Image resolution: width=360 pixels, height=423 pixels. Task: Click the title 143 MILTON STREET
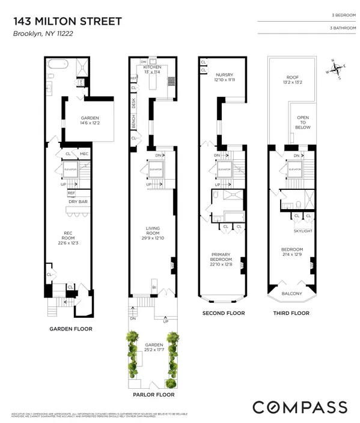click(67, 22)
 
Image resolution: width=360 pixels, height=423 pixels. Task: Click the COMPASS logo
click(299, 407)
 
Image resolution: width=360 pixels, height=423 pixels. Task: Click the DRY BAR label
click(79, 201)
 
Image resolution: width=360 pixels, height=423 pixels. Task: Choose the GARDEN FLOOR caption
click(71, 329)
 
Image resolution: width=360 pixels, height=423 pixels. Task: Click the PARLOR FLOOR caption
click(154, 395)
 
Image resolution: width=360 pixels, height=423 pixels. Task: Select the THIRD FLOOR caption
click(293, 313)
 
